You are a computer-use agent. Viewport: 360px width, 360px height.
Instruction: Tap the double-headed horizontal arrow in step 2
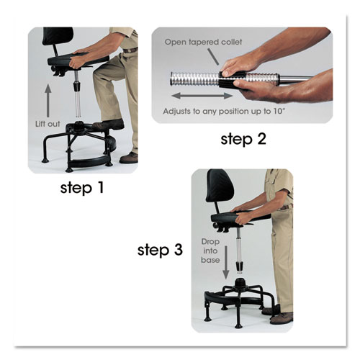[203, 94]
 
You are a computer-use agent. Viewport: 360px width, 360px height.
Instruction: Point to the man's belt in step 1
[129, 50]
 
